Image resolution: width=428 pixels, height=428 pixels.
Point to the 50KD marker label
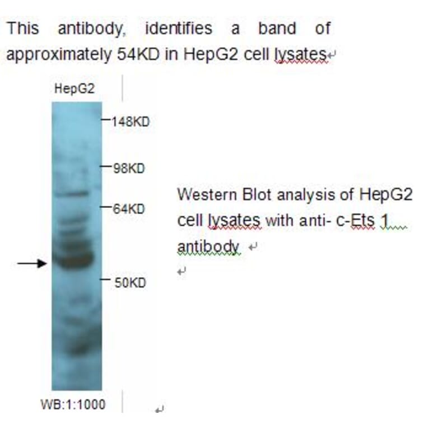pos(130,282)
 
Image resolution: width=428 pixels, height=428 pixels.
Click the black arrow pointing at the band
pos(31,263)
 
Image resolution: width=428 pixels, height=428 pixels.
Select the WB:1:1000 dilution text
pos(73,404)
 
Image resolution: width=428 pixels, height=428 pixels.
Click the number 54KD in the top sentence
pos(132,54)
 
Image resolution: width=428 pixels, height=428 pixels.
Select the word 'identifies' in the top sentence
pos(178,28)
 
